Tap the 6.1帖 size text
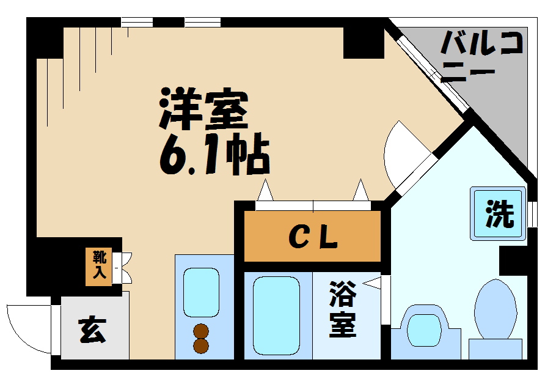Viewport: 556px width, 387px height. [x=214, y=157]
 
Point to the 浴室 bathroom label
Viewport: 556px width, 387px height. [x=343, y=309]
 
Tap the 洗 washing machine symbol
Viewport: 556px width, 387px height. [x=499, y=214]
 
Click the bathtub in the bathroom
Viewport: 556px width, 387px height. [x=276, y=315]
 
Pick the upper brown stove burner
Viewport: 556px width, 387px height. [x=201, y=331]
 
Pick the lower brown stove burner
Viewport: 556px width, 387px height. [x=201, y=345]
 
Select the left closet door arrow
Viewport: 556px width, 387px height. [x=265, y=190]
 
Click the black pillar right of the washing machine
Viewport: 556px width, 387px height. [x=512, y=260]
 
